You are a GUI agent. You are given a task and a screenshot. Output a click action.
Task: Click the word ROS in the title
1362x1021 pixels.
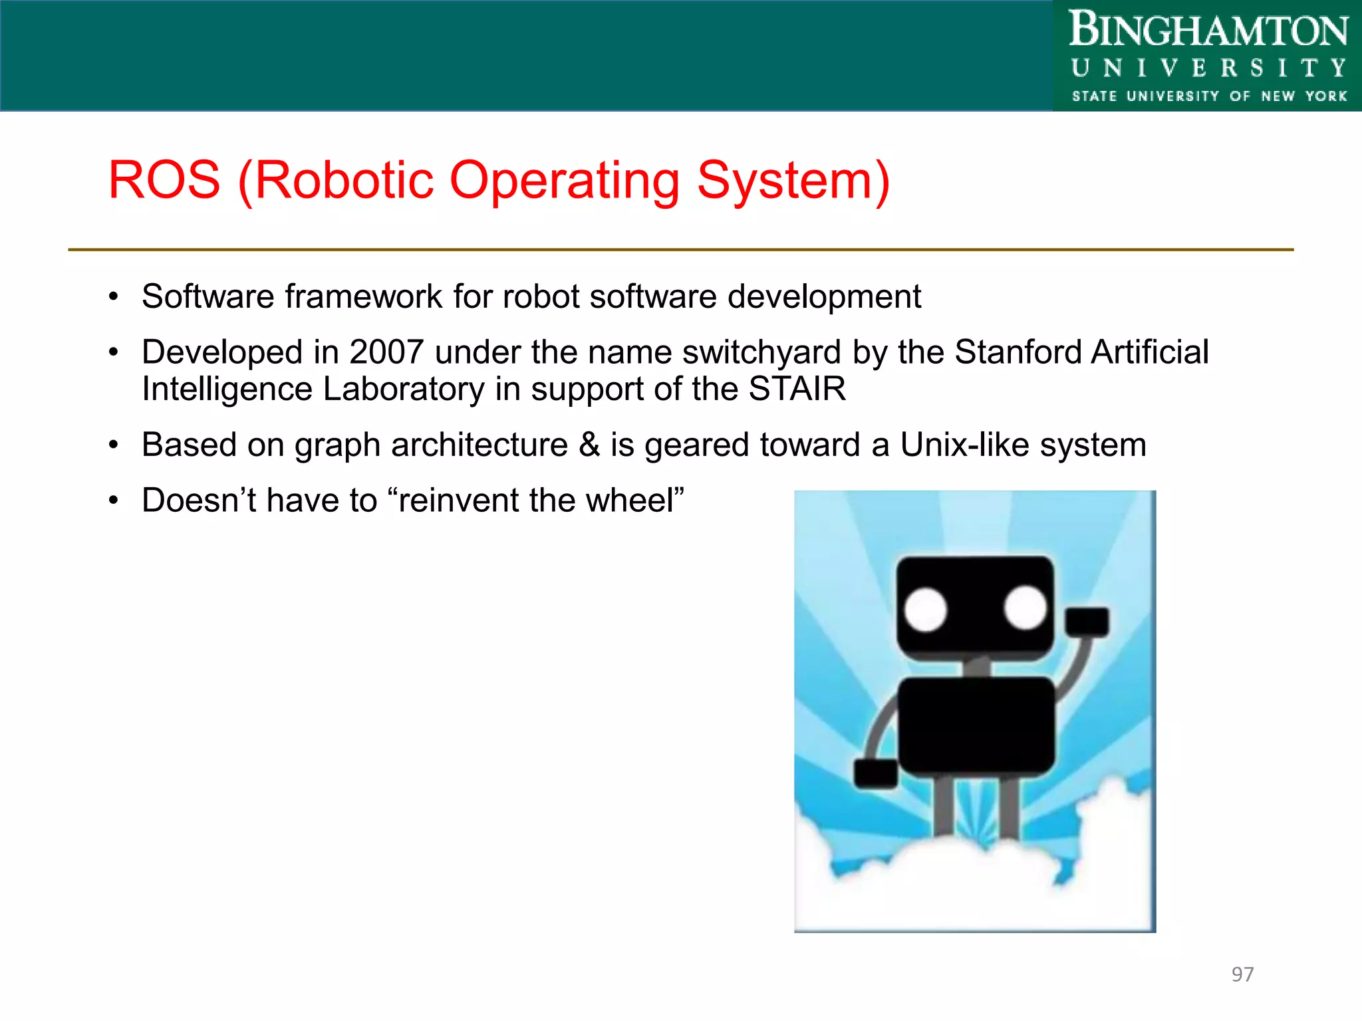(164, 180)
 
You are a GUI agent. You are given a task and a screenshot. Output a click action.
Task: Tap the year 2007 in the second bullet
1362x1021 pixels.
(386, 352)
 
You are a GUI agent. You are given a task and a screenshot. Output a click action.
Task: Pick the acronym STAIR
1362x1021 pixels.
(797, 389)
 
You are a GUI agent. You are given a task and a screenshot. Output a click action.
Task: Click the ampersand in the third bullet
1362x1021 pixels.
(589, 445)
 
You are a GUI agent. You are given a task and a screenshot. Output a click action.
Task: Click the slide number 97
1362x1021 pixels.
(1242, 974)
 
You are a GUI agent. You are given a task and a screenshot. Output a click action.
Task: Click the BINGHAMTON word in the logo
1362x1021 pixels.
(1208, 31)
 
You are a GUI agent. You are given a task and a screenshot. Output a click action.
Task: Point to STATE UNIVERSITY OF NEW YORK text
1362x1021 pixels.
(1208, 96)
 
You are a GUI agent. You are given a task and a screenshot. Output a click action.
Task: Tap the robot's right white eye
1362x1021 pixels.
(1025, 608)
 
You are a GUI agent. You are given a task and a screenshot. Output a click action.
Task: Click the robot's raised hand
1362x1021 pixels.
(1087, 622)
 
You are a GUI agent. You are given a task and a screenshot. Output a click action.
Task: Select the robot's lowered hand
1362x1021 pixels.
(875, 774)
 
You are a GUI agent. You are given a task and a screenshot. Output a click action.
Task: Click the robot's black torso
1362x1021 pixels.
(976, 726)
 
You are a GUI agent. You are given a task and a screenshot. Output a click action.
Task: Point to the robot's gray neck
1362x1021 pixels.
(977, 666)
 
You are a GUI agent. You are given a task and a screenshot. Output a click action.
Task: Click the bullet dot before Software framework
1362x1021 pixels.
(114, 296)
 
